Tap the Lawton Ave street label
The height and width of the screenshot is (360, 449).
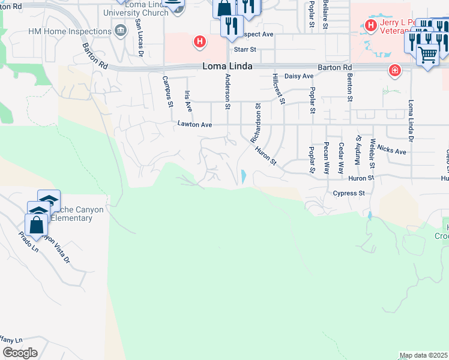click(x=195, y=125)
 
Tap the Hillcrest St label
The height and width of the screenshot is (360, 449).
click(x=277, y=88)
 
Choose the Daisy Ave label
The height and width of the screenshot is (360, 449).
click(x=299, y=76)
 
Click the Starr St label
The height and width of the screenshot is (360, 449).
click(x=244, y=49)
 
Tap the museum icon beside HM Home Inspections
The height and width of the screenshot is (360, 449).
click(x=121, y=31)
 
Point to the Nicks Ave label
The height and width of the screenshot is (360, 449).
click(x=392, y=151)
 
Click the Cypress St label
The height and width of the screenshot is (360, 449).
click(x=349, y=193)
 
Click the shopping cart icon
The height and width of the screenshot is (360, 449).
click(x=427, y=55)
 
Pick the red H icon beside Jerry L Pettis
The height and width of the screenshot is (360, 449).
click(x=370, y=25)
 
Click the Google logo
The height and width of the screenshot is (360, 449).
click(x=20, y=352)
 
